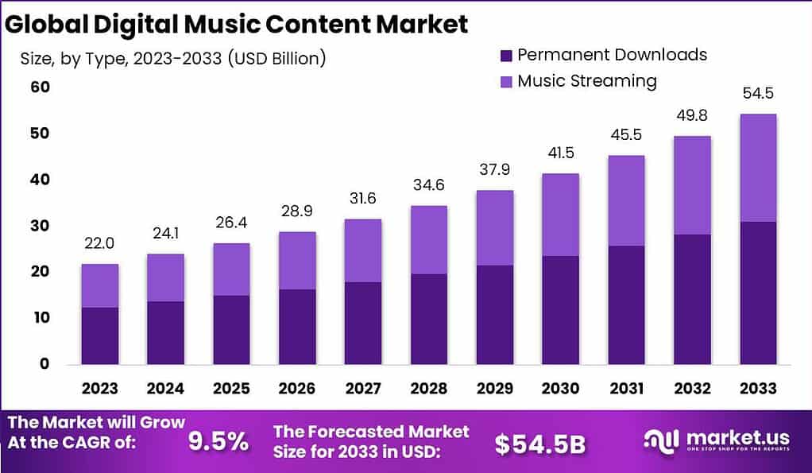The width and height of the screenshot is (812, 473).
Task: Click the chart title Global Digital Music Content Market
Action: pos(237,24)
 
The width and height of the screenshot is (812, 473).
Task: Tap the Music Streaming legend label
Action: pos(586,81)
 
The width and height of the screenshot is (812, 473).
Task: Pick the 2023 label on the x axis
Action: pos(100,389)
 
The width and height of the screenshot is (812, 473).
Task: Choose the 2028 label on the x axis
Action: pos(428,389)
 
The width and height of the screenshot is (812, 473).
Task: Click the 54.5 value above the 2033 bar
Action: pos(757,94)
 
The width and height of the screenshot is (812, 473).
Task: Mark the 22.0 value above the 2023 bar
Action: pos(100,244)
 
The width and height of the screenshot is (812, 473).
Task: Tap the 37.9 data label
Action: pos(494,170)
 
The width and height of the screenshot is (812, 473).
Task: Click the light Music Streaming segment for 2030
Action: pos(560,215)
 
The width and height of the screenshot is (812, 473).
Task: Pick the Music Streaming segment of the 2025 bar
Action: pos(231,269)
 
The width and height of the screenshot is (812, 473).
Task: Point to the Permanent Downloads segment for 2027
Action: pos(363,323)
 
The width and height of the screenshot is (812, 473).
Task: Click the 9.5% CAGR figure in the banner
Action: pos(218,441)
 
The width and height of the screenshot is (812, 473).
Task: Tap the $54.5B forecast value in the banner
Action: pos(539,444)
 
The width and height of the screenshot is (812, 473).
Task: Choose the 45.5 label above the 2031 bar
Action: pos(626,135)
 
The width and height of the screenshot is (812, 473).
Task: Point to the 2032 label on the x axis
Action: pos(691,389)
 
